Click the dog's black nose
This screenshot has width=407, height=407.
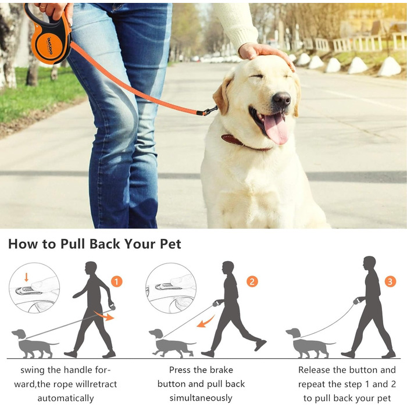tap(281, 99)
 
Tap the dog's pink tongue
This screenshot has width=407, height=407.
tap(276, 128)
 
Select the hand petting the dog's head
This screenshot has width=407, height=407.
tap(265, 53)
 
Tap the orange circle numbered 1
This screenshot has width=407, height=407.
tap(116, 281)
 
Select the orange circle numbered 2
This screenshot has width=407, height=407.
tap(252, 281)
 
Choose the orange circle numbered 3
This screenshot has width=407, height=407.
tap(390, 281)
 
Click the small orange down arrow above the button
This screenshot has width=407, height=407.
tap(26, 277)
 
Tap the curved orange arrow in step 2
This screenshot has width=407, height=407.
tap(206, 322)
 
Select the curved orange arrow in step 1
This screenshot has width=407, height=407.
tap(104, 315)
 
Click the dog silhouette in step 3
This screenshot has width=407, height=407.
tap(309, 343)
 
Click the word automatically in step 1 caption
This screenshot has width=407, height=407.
tap(66, 398)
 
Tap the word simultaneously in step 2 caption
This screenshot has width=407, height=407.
tap(201, 398)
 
